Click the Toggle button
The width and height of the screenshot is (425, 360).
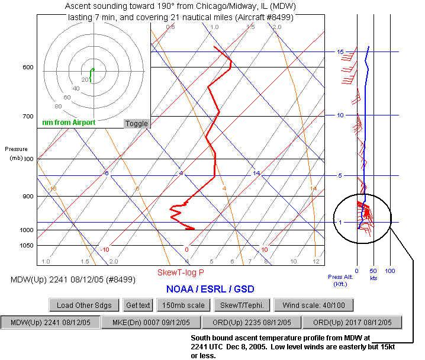tap(136, 124)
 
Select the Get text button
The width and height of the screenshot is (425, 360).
tap(138, 306)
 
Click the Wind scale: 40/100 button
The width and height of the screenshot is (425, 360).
tap(314, 306)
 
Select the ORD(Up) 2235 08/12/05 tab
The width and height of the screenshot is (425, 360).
tap(251, 323)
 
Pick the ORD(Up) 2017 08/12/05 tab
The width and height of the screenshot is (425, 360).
tap(352, 323)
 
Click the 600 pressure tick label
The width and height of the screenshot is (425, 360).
tap(28, 67)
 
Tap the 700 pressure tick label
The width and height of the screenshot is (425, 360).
tap(28, 117)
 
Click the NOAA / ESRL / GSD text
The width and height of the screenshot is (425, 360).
tap(211, 289)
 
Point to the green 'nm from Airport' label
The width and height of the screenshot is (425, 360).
tap(68, 123)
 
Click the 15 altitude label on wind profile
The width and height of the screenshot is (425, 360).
tap(340, 52)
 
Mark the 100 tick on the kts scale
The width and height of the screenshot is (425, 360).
tap(389, 271)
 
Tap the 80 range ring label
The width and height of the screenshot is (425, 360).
tap(58, 107)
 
